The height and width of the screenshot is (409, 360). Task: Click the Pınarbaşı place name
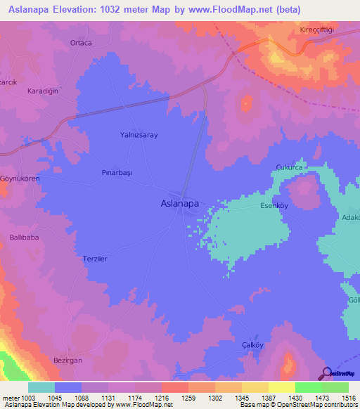pyautogui.click(x=117, y=172)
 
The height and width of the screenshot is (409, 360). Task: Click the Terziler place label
pyautogui.click(x=95, y=259)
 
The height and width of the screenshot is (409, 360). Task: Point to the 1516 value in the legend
pyautogui.click(x=348, y=398)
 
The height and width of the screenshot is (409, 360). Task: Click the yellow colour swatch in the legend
pyautogui.click(x=281, y=387)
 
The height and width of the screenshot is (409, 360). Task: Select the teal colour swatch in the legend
pyautogui.click(x=41, y=387)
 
